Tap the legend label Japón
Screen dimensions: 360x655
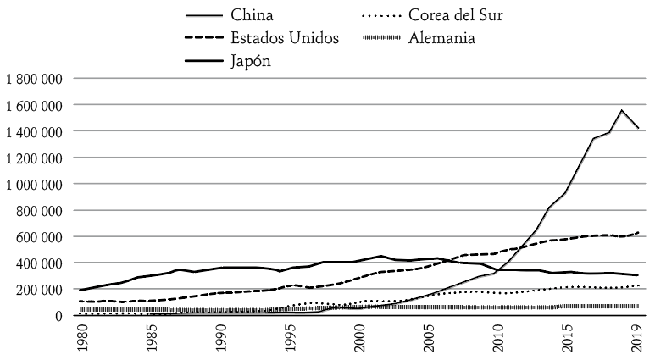[x=251, y=61]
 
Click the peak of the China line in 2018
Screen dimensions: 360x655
[x=622, y=110]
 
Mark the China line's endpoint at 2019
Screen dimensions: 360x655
[x=638, y=129]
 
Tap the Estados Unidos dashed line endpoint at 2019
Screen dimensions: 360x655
[x=638, y=232]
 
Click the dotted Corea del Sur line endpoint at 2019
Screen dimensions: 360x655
[x=638, y=285]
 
